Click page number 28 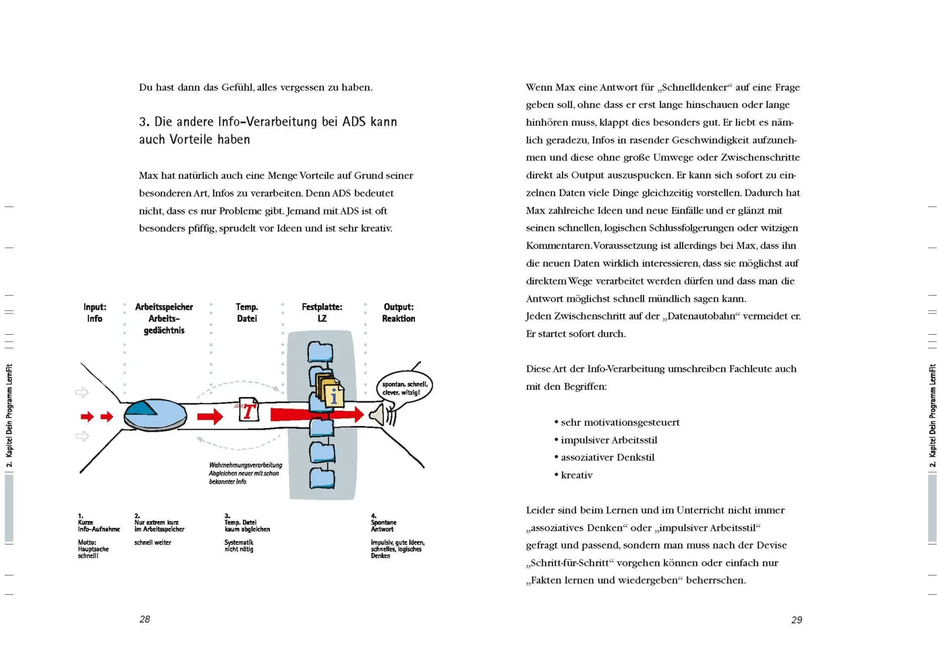(x=145, y=619)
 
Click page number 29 (x=796, y=620)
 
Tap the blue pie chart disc (x=155, y=415)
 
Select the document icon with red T (x=249, y=410)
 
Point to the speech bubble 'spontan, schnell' (x=404, y=388)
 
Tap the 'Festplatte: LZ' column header (x=322, y=313)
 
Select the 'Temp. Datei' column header (x=246, y=313)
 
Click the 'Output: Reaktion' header (x=398, y=313)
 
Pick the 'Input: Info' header (x=95, y=313)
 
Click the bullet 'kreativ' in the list (x=577, y=475)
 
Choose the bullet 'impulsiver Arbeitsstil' (x=609, y=440)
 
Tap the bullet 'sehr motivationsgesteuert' (x=620, y=422)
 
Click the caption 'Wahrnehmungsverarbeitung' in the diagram (x=246, y=465)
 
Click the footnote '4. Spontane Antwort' (x=383, y=523)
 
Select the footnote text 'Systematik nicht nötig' (x=239, y=545)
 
